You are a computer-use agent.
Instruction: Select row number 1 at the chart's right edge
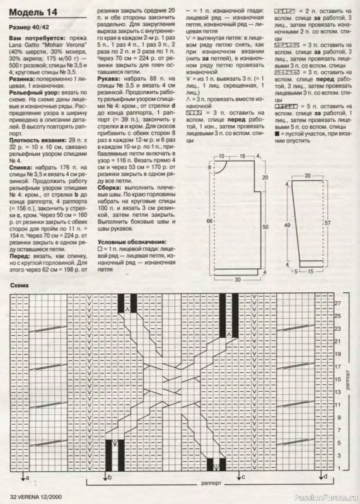tap(338, 469)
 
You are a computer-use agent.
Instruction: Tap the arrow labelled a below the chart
tap(25, 480)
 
